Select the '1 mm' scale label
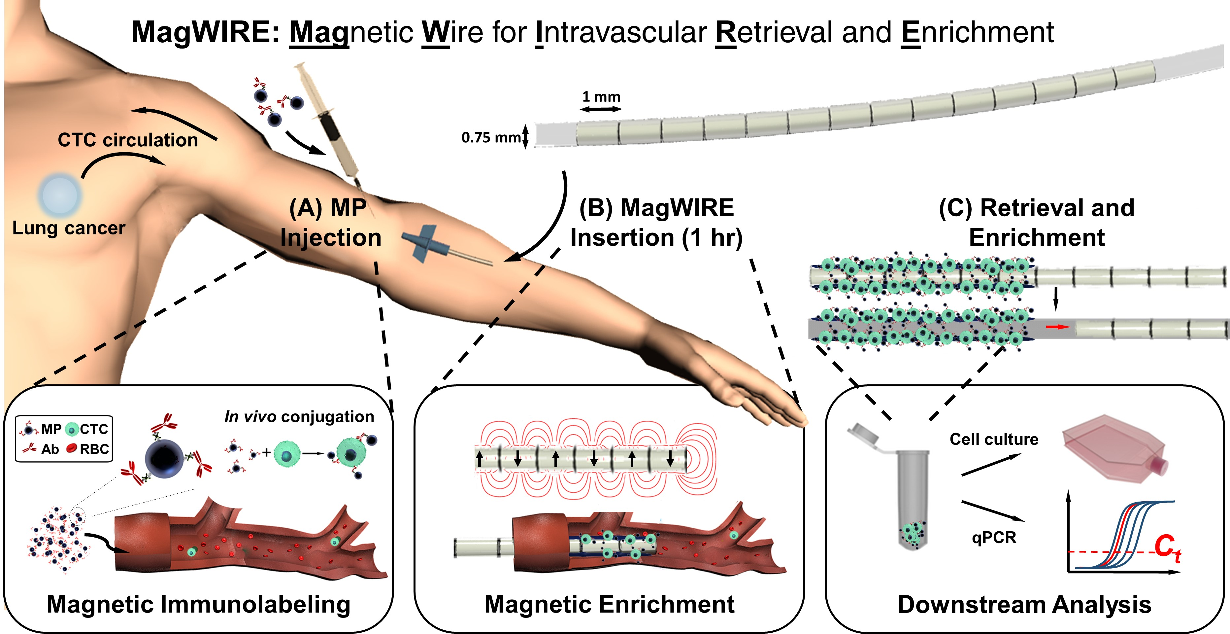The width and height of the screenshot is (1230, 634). pyautogui.click(x=601, y=97)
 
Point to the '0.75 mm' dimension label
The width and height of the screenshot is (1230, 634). pyautogui.click(x=491, y=138)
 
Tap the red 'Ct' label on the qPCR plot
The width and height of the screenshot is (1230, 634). pyautogui.click(x=1167, y=547)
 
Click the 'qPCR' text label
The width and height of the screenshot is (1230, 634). pyautogui.click(x=994, y=538)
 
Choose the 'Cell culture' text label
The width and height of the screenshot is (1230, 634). pyautogui.click(x=994, y=439)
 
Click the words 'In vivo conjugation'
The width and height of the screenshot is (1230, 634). pyautogui.click(x=299, y=417)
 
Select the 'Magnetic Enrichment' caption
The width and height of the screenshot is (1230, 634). pyautogui.click(x=609, y=604)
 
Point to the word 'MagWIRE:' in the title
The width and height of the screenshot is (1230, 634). pyautogui.click(x=205, y=32)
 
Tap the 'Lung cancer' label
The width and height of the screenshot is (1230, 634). pyautogui.click(x=69, y=228)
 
